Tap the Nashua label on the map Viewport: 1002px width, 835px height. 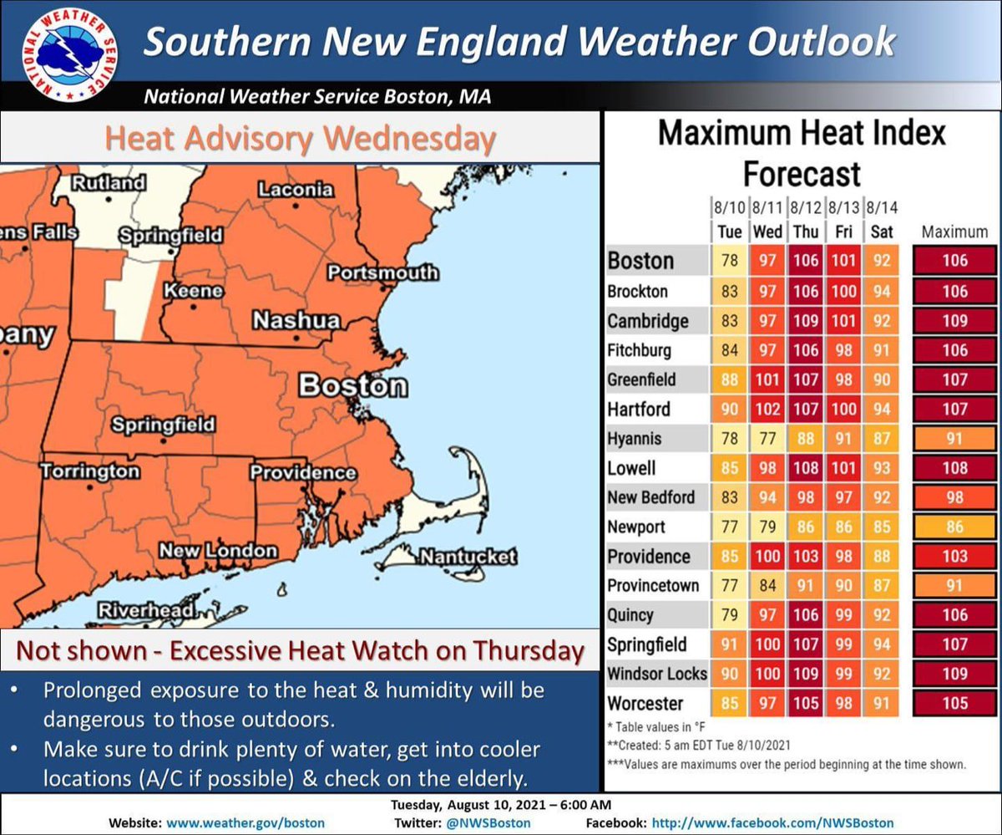pyautogui.click(x=296, y=320)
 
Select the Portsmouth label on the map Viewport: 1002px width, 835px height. pyautogui.click(x=382, y=272)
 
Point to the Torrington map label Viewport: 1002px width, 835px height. pyautogui.click(x=90, y=471)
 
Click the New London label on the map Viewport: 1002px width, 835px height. pyautogui.click(x=218, y=550)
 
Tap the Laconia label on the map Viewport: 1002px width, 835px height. pyautogui.click(x=296, y=190)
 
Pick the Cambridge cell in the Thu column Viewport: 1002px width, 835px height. pyautogui.click(x=805, y=321)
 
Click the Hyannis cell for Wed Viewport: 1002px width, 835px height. pyautogui.click(x=767, y=438)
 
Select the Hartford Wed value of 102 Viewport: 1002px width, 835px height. pyautogui.click(x=767, y=410)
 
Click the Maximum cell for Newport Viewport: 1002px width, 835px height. pyautogui.click(x=954, y=527)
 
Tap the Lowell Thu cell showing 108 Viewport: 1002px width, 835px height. pyautogui.click(x=805, y=468)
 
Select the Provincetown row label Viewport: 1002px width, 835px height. pyautogui.click(x=653, y=585)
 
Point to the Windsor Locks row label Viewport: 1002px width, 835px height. pyautogui.click(x=657, y=673)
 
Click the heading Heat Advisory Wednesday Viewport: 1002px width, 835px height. pyautogui.click(x=300, y=138)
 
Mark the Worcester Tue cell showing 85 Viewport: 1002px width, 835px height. pyautogui.click(x=729, y=703)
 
